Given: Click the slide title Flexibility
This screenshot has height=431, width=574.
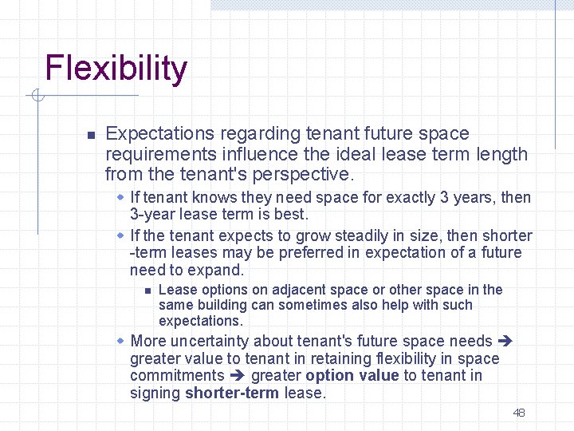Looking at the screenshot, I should click(x=116, y=69).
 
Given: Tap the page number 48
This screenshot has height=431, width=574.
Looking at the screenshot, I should click(x=519, y=413).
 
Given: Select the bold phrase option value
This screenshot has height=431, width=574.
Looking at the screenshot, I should click(x=352, y=376).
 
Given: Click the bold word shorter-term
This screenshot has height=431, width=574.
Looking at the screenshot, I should click(x=232, y=393).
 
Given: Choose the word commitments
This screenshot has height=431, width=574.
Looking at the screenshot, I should click(x=177, y=376).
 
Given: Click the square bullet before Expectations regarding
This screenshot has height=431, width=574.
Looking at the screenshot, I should click(x=91, y=134).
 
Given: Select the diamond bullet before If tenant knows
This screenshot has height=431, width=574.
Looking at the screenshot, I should click(x=120, y=197).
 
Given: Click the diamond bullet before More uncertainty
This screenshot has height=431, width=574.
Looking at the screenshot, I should click(x=120, y=341).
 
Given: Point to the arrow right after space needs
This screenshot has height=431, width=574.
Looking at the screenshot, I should click(x=504, y=342).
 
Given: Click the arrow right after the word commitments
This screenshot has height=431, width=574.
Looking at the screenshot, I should click(x=238, y=376).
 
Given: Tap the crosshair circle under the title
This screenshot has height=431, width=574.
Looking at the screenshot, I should click(x=37, y=97).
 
